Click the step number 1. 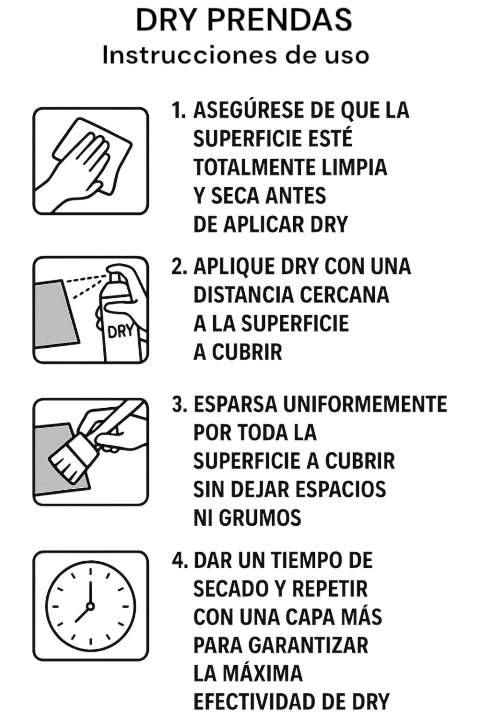pos(178,110)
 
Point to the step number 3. pos(179,404)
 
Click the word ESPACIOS pos(340,490)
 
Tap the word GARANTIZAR pos(308,645)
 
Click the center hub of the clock pos(90,606)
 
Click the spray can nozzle pos(112,276)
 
